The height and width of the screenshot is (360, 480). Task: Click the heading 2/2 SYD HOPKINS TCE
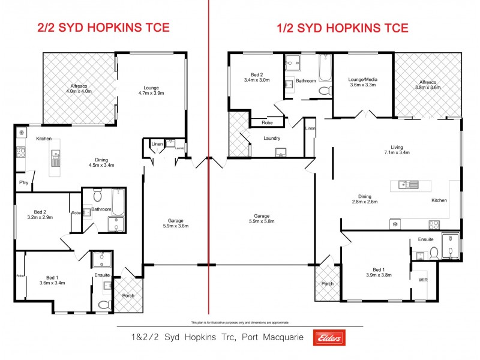103,28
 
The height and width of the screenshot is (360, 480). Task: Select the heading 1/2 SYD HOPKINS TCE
343,28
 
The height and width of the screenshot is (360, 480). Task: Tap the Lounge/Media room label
362,82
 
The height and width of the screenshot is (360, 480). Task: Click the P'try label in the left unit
24,182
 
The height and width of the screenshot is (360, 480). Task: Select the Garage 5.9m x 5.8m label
262,219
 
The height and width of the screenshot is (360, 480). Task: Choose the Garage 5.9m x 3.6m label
175,223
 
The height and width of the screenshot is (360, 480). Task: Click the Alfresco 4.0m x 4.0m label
78,88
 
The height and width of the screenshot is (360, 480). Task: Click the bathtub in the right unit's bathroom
325,67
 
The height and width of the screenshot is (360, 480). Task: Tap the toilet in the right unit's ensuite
434,254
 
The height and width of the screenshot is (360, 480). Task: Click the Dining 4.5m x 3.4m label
101,163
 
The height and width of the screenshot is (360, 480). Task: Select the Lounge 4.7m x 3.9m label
151,91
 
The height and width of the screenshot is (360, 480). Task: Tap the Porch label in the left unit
128,296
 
